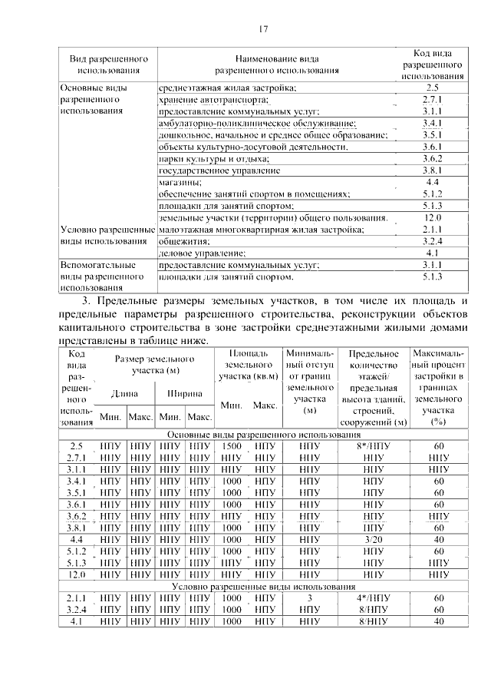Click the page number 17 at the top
click(262, 30)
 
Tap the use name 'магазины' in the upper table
click(180, 183)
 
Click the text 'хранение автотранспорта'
click(213, 100)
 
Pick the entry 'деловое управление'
click(202, 253)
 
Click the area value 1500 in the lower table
click(232, 446)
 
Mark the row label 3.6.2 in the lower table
click(76, 516)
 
